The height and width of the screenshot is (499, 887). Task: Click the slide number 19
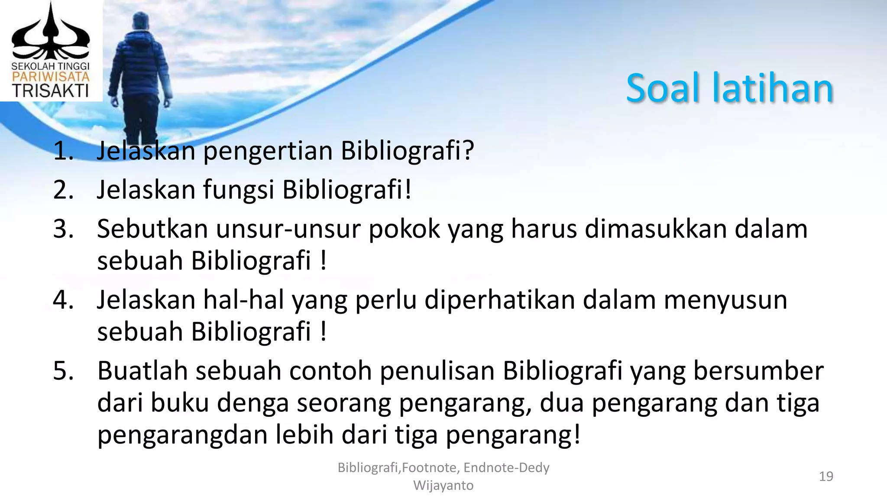coord(826,476)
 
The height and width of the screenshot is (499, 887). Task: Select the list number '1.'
coord(64,151)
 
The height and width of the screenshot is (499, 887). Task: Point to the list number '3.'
coord(64,229)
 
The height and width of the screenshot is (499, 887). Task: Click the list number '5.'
coord(64,371)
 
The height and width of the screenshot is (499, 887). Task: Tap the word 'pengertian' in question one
coord(268,152)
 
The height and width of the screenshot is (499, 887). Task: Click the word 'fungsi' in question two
coord(239,191)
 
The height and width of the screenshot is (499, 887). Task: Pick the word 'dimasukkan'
coord(655,229)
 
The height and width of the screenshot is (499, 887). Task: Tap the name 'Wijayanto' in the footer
coord(443,486)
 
